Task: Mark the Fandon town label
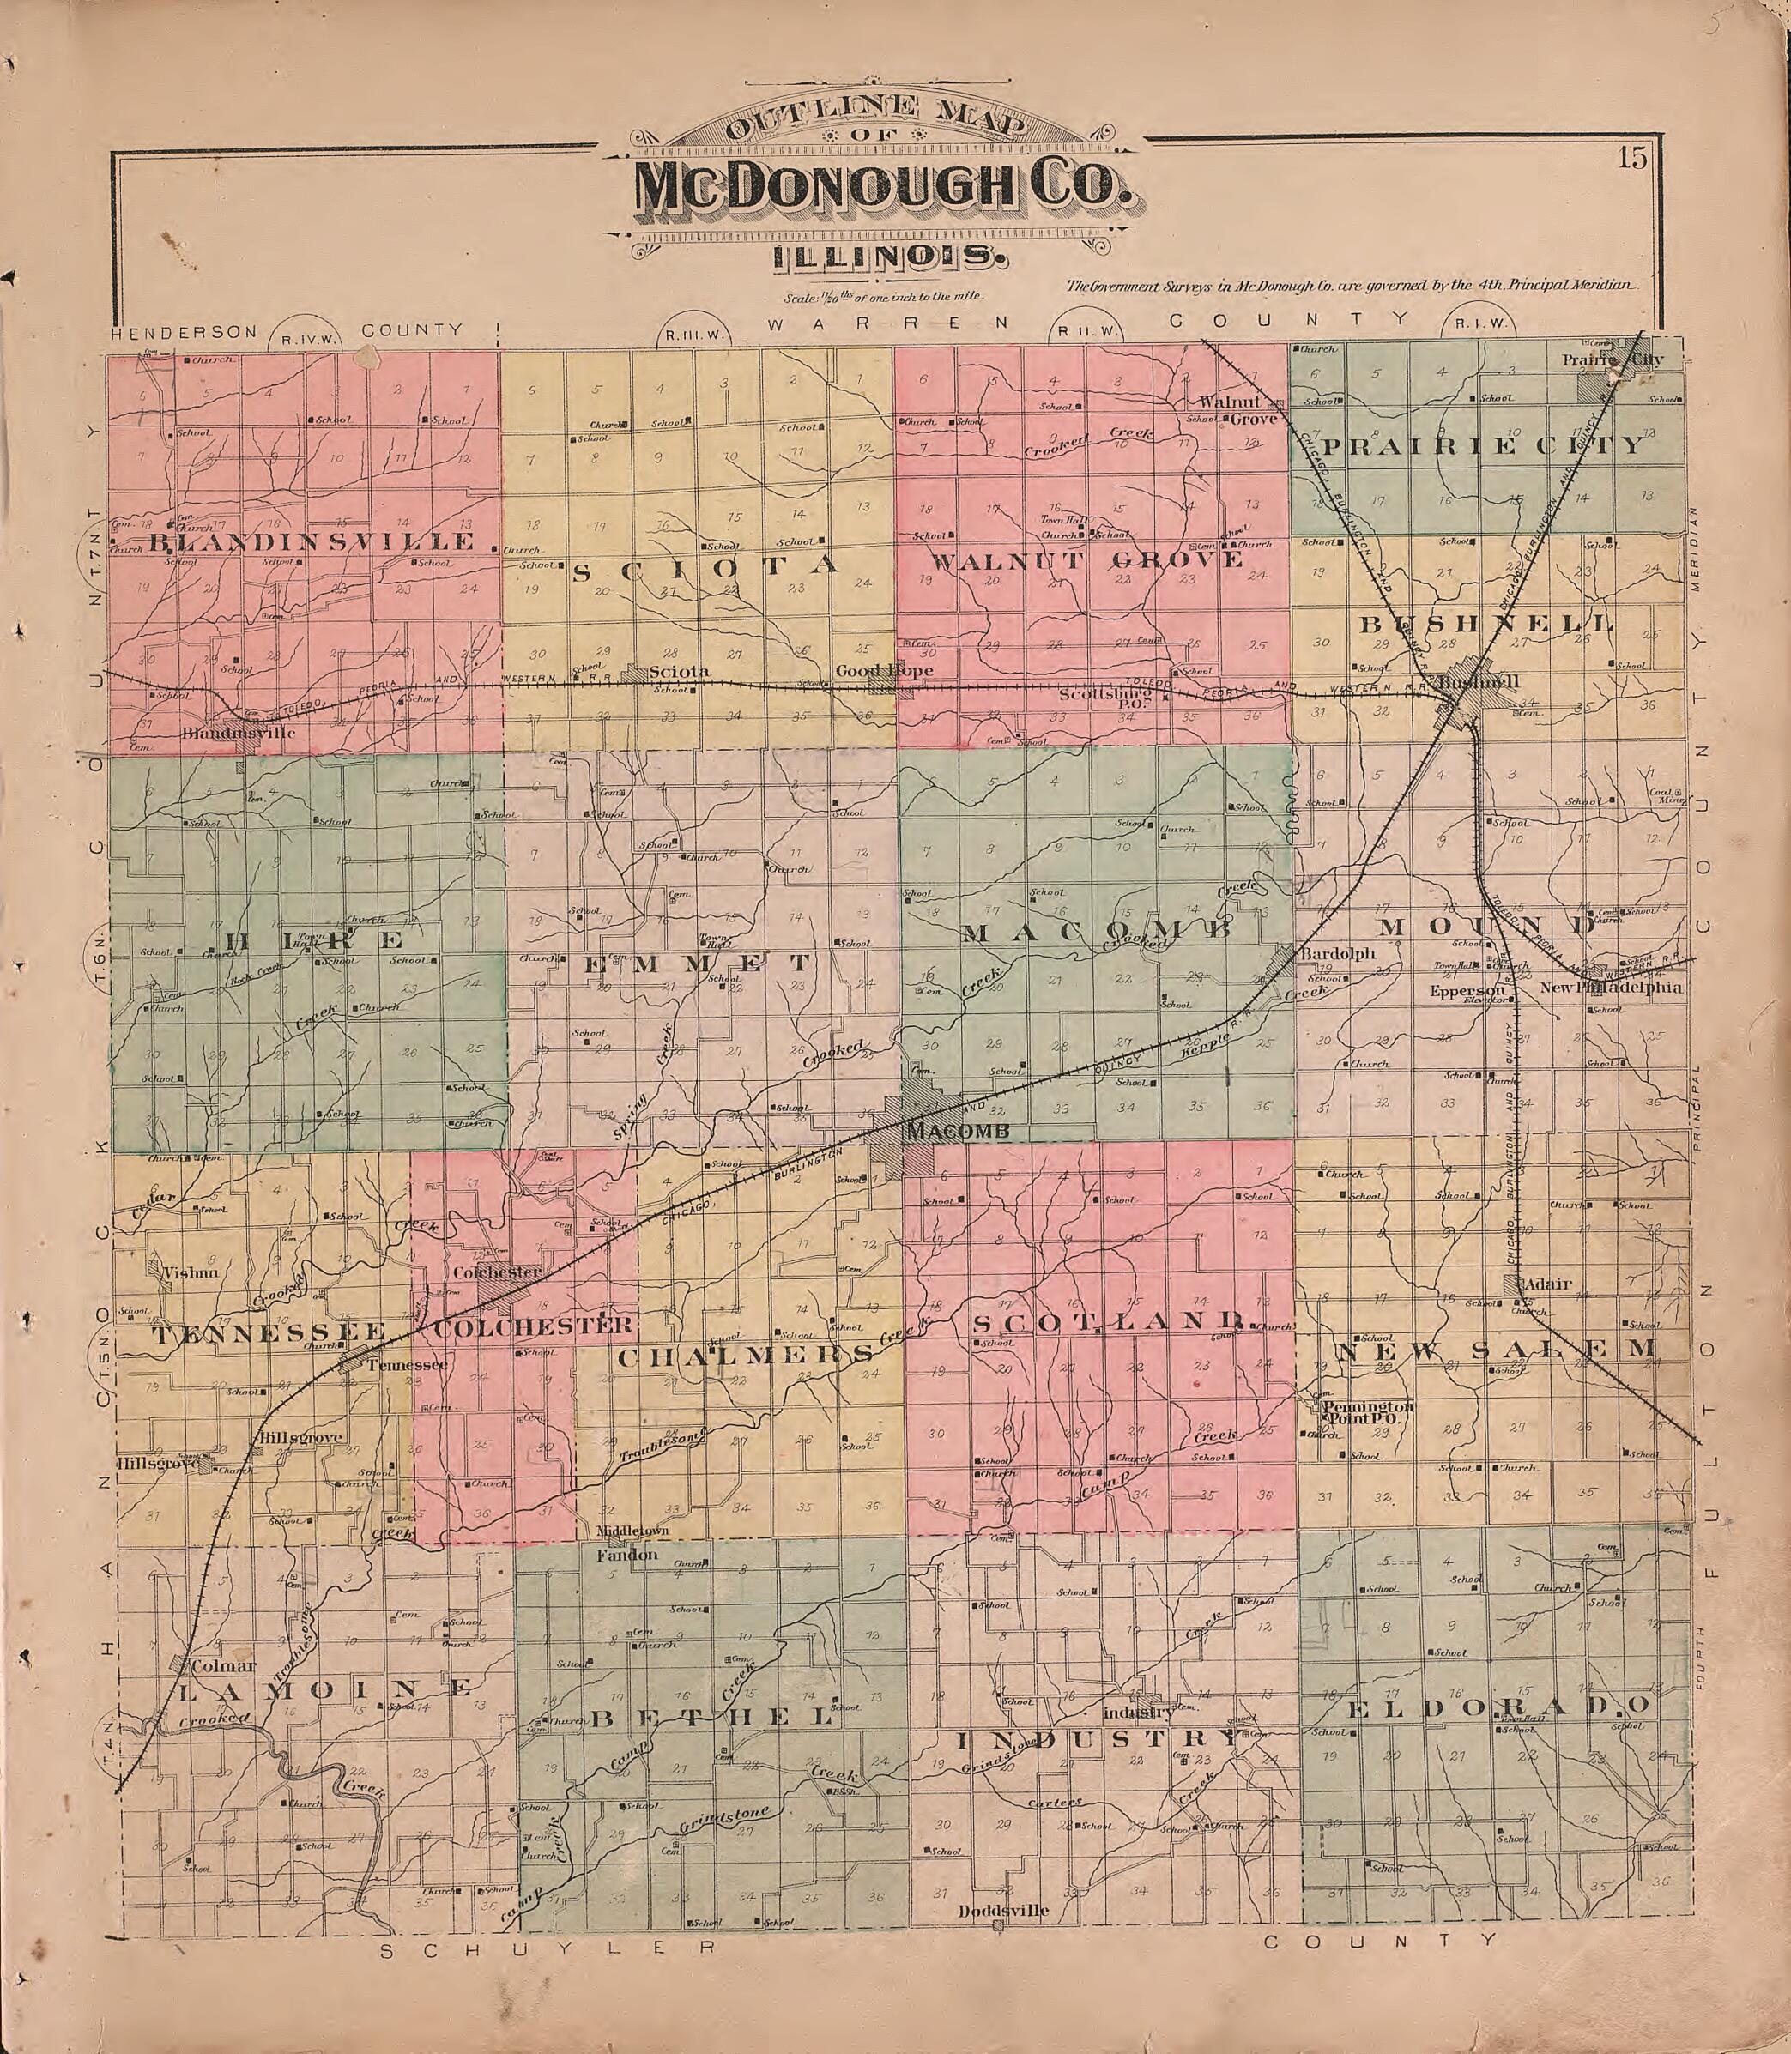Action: (626, 1556)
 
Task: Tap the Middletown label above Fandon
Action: (631, 1531)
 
